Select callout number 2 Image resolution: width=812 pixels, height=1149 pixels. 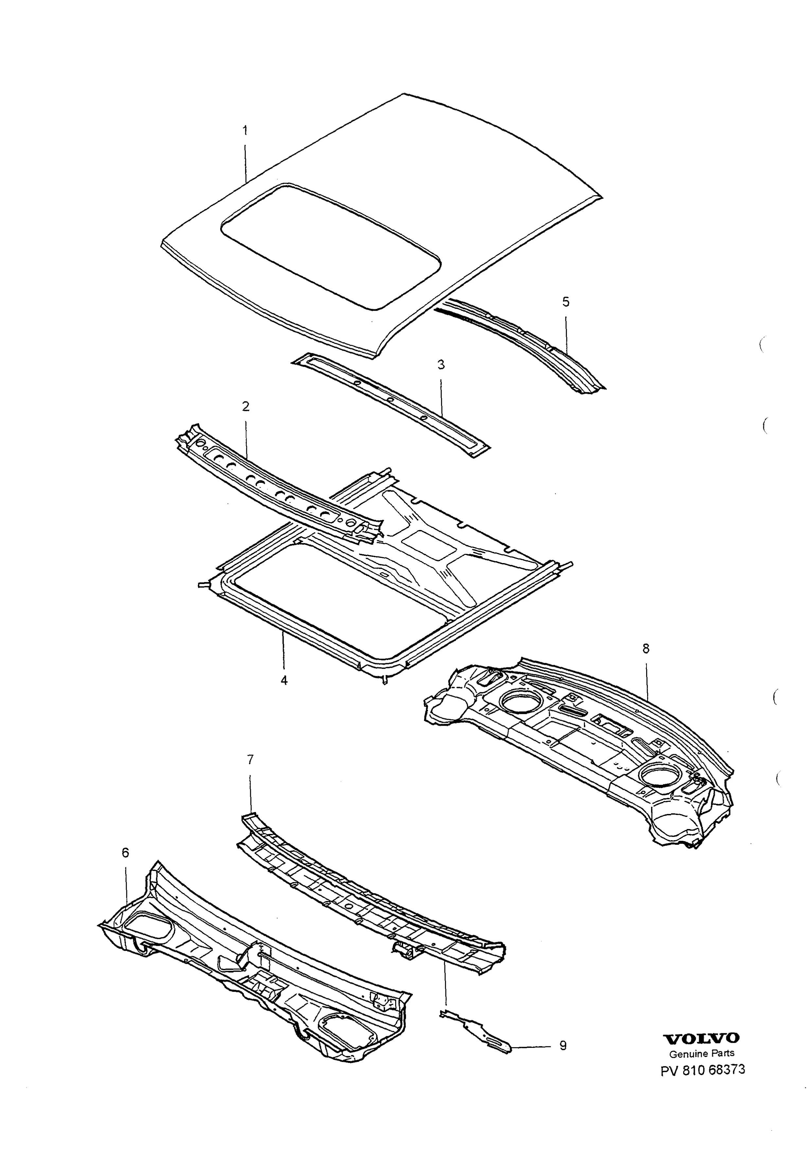click(246, 406)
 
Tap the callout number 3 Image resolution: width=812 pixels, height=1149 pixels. click(441, 365)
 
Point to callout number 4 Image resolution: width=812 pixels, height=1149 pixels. click(284, 680)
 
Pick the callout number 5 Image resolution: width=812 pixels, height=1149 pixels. click(566, 301)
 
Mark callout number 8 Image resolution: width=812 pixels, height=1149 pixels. click(646, 648)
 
